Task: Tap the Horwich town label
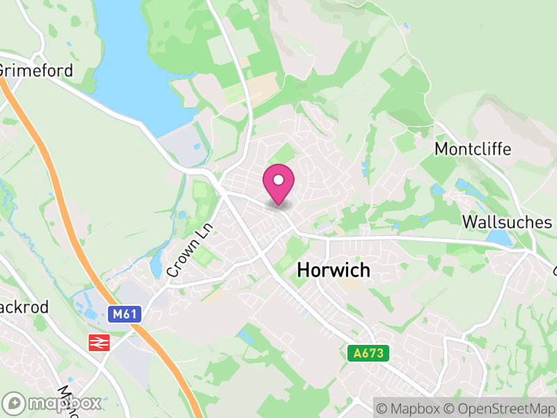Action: (334, 271)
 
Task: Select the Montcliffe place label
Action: (473, 149)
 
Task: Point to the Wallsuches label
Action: (508, 222)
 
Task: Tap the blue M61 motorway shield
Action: (125, 314)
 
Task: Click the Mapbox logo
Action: (53, 403)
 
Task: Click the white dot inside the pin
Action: (278, 180)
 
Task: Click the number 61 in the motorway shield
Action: (130, 314)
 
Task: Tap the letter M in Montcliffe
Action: (441, 149)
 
